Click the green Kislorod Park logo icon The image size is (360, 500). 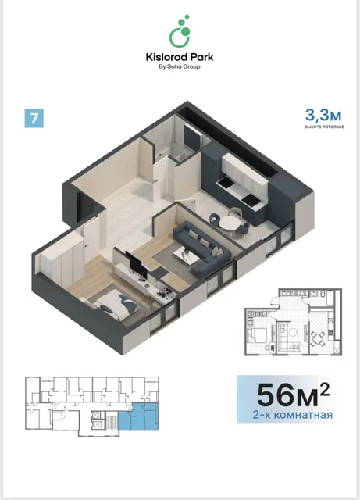coord(180,31)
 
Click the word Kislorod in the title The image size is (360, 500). coord(165,57)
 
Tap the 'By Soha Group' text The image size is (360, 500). coord(180,66)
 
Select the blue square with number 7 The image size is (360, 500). coord(34,118)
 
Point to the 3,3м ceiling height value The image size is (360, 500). coord(323,115)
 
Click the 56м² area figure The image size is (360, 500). coord(293,394)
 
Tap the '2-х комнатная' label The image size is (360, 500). coord(292,415)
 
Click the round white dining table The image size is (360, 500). coord(230,222)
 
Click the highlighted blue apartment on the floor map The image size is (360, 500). coord(138,416)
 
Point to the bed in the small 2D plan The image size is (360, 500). coord(258,337)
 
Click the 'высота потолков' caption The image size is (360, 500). coord(324,127)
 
